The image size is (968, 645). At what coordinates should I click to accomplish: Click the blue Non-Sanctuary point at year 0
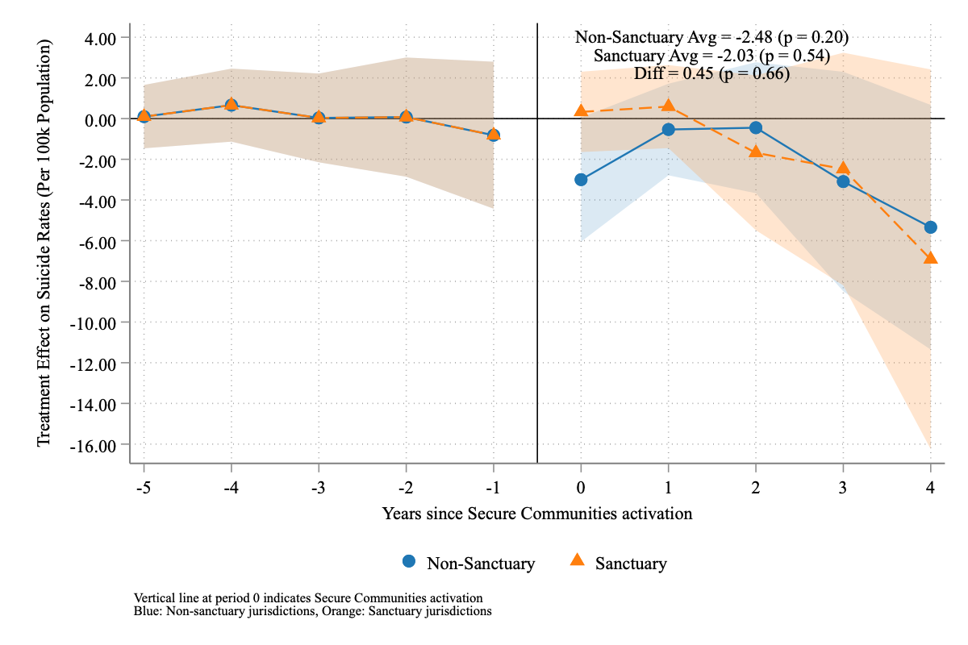[x=581, y=180]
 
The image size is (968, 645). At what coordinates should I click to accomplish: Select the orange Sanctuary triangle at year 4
[x=930, y=258]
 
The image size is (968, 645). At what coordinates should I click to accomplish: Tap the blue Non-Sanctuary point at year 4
[x=930, y=227]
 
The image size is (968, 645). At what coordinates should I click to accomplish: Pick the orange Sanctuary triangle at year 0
[x=581, y=110]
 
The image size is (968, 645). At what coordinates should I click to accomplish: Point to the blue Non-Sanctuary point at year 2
[x=756, y=127]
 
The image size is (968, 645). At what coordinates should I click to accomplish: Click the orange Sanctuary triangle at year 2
[x=756, y=152]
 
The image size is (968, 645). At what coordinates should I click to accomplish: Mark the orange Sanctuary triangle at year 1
[x=668, y=106]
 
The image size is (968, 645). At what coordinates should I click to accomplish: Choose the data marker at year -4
[x=232, y=105]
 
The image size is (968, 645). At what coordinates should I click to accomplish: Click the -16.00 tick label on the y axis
[x=95, y=445]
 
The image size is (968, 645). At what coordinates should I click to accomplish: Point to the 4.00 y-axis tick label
[x=101, y=38]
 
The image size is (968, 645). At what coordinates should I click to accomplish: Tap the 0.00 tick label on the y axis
[x=101, y=119]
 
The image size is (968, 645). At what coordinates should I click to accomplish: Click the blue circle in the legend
[x=409, y=562]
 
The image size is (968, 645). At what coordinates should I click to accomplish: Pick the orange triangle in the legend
[x=578, y=562]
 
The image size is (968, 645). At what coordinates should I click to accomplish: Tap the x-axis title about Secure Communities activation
[x=537, y=513]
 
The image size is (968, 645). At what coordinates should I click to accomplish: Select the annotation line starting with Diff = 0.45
[x=711, y=73]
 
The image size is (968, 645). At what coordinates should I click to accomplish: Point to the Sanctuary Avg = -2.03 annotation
[x=711, y=56]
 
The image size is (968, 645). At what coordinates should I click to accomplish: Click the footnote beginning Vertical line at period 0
[x=309, y=598]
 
